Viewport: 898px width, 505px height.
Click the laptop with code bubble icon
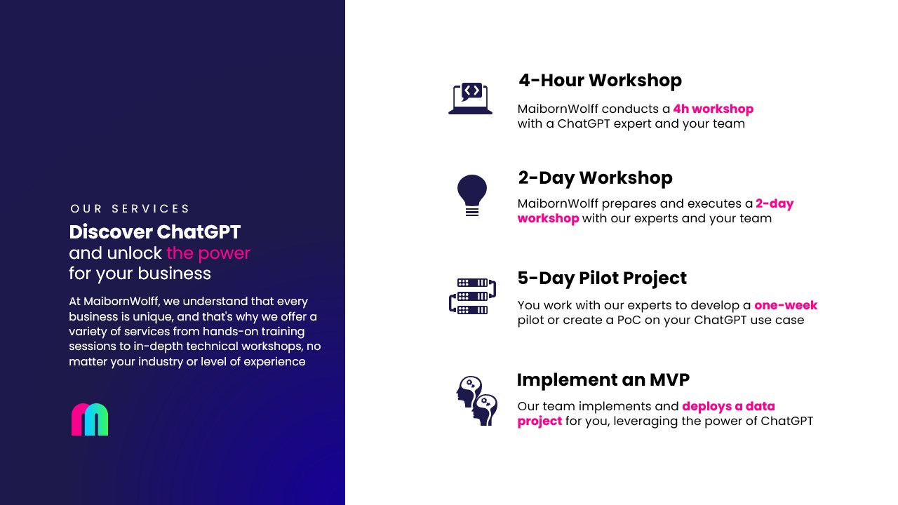(x=470, y=98)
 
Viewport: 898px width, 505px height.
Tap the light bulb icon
(x=472, y=195)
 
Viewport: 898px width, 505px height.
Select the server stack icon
(x=473, y=296)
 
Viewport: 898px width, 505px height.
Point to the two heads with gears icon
(x=476, y=400)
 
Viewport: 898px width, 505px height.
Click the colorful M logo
(x=90, y=419)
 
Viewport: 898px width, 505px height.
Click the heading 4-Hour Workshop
(x=600, y=80)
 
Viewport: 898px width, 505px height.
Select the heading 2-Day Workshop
(x=596, y=178)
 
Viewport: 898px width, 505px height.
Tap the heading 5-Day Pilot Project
(x=602, y=278)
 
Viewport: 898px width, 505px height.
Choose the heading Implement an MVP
(x=603, y=379)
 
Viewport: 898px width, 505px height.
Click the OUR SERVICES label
(x=130, y=209)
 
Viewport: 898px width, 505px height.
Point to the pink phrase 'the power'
(x=208, y=253)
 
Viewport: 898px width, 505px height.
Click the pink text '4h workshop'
(x=713, y=109)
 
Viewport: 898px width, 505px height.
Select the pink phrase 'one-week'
(x=786, y=305)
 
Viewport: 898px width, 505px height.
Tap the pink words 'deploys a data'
(x=728, y=406)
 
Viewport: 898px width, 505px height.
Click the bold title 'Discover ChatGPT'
(x=155, y=232)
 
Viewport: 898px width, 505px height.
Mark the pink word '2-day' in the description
(x=775, y=204)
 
